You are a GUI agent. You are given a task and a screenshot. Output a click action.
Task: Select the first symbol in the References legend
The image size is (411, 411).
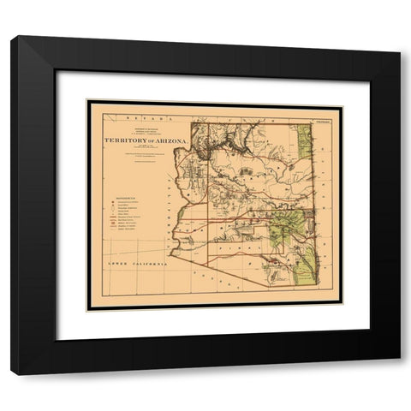(112, 203)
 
